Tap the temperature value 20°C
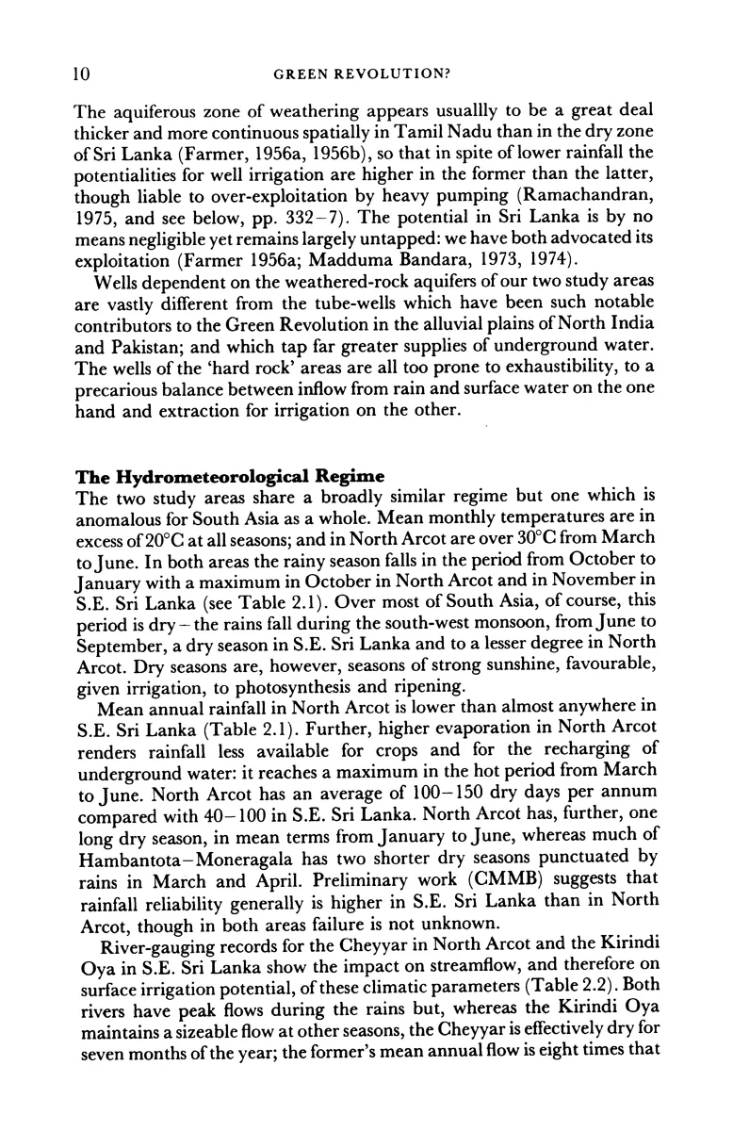(187, 539)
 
